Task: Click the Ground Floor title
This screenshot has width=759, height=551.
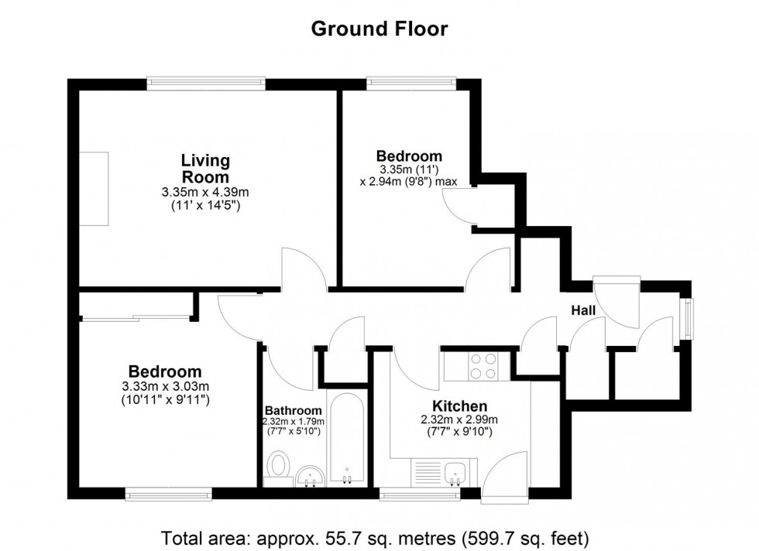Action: click(x=379, y=29)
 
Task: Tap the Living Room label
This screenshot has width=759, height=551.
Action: click(x=205, y=169)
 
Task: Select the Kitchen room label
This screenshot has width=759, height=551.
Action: click(x=459, y=406)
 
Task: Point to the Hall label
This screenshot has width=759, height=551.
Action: click(x=583, y=310)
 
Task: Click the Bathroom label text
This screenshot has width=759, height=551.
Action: click(x=293, y=410)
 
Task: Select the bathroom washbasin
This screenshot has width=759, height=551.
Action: click(x=311, y=475)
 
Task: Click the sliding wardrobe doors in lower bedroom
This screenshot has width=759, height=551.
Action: click(x=136, y=316)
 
